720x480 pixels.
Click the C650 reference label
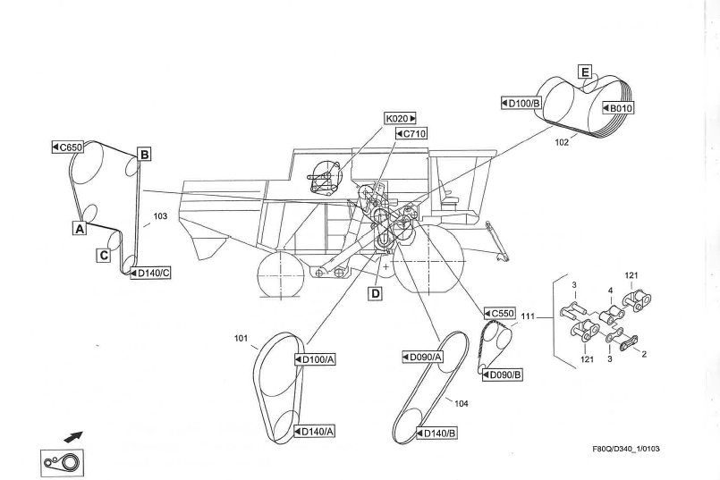click(x=69, y=145)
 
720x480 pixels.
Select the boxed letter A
click(x=80, y=229)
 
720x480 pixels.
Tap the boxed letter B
click(x=143, y=154)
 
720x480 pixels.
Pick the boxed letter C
click(x=105, y=255)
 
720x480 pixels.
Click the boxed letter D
click(x=376, y=292)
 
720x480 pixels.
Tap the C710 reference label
click(x=410, y=134)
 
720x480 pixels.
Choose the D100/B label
click(x=522, y=105)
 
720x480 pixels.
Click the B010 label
click(x=619, y=108)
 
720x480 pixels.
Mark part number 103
click(x=160, y=216)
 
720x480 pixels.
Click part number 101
click(x=240, y=339)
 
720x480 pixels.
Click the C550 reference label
click(x=499, y=314)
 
